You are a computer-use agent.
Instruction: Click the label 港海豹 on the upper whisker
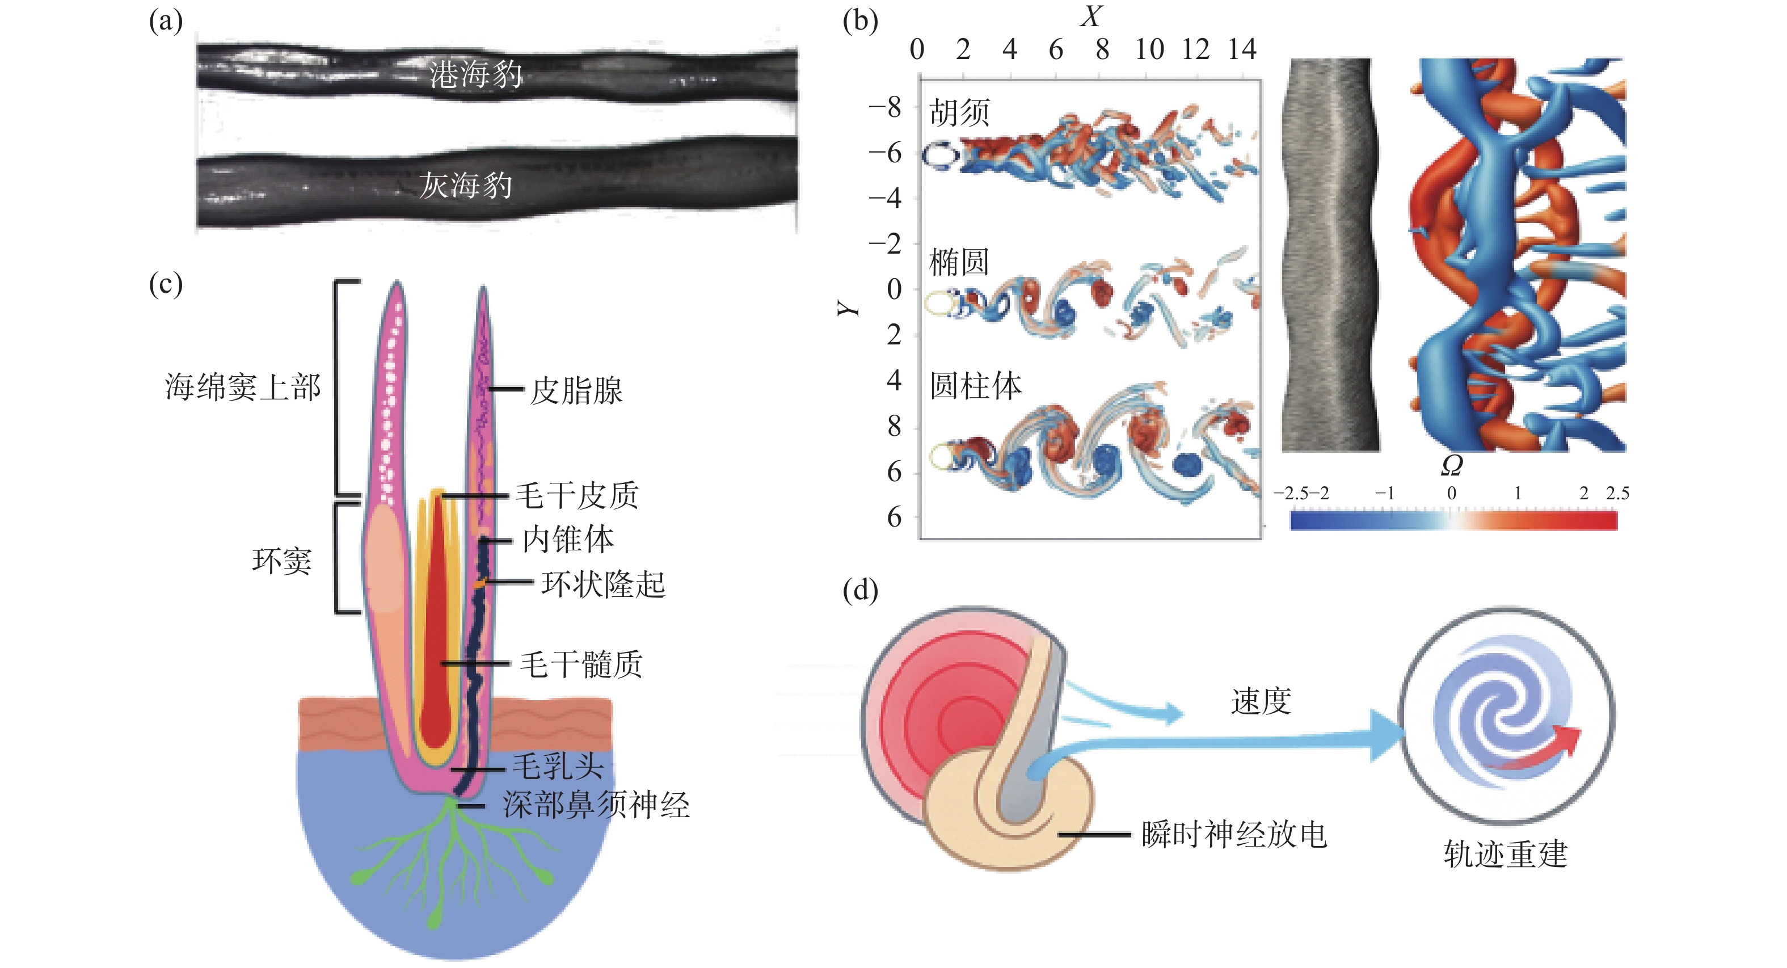click(x=475, y=74)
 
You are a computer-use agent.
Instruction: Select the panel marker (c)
click(x=165, y=284)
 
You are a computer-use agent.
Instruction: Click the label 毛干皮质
click(x=576, y=495)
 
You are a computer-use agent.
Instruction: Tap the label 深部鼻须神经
click(x=596, y=805)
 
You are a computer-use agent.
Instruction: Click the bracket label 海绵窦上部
click(x=243, y=387)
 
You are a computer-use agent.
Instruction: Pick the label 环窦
click(x=281, y=561)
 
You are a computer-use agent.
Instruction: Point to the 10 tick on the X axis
click(x=1149, y=49)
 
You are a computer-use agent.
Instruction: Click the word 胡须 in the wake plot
click(x=959, y=112)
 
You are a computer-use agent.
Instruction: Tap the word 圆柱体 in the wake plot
click(x=975, y=386)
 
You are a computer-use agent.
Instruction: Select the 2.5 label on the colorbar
click(x=1617, y=494)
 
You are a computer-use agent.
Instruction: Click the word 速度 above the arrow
click(x=1261, y=701)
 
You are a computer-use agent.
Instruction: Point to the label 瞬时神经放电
click(x=1233, y=835)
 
